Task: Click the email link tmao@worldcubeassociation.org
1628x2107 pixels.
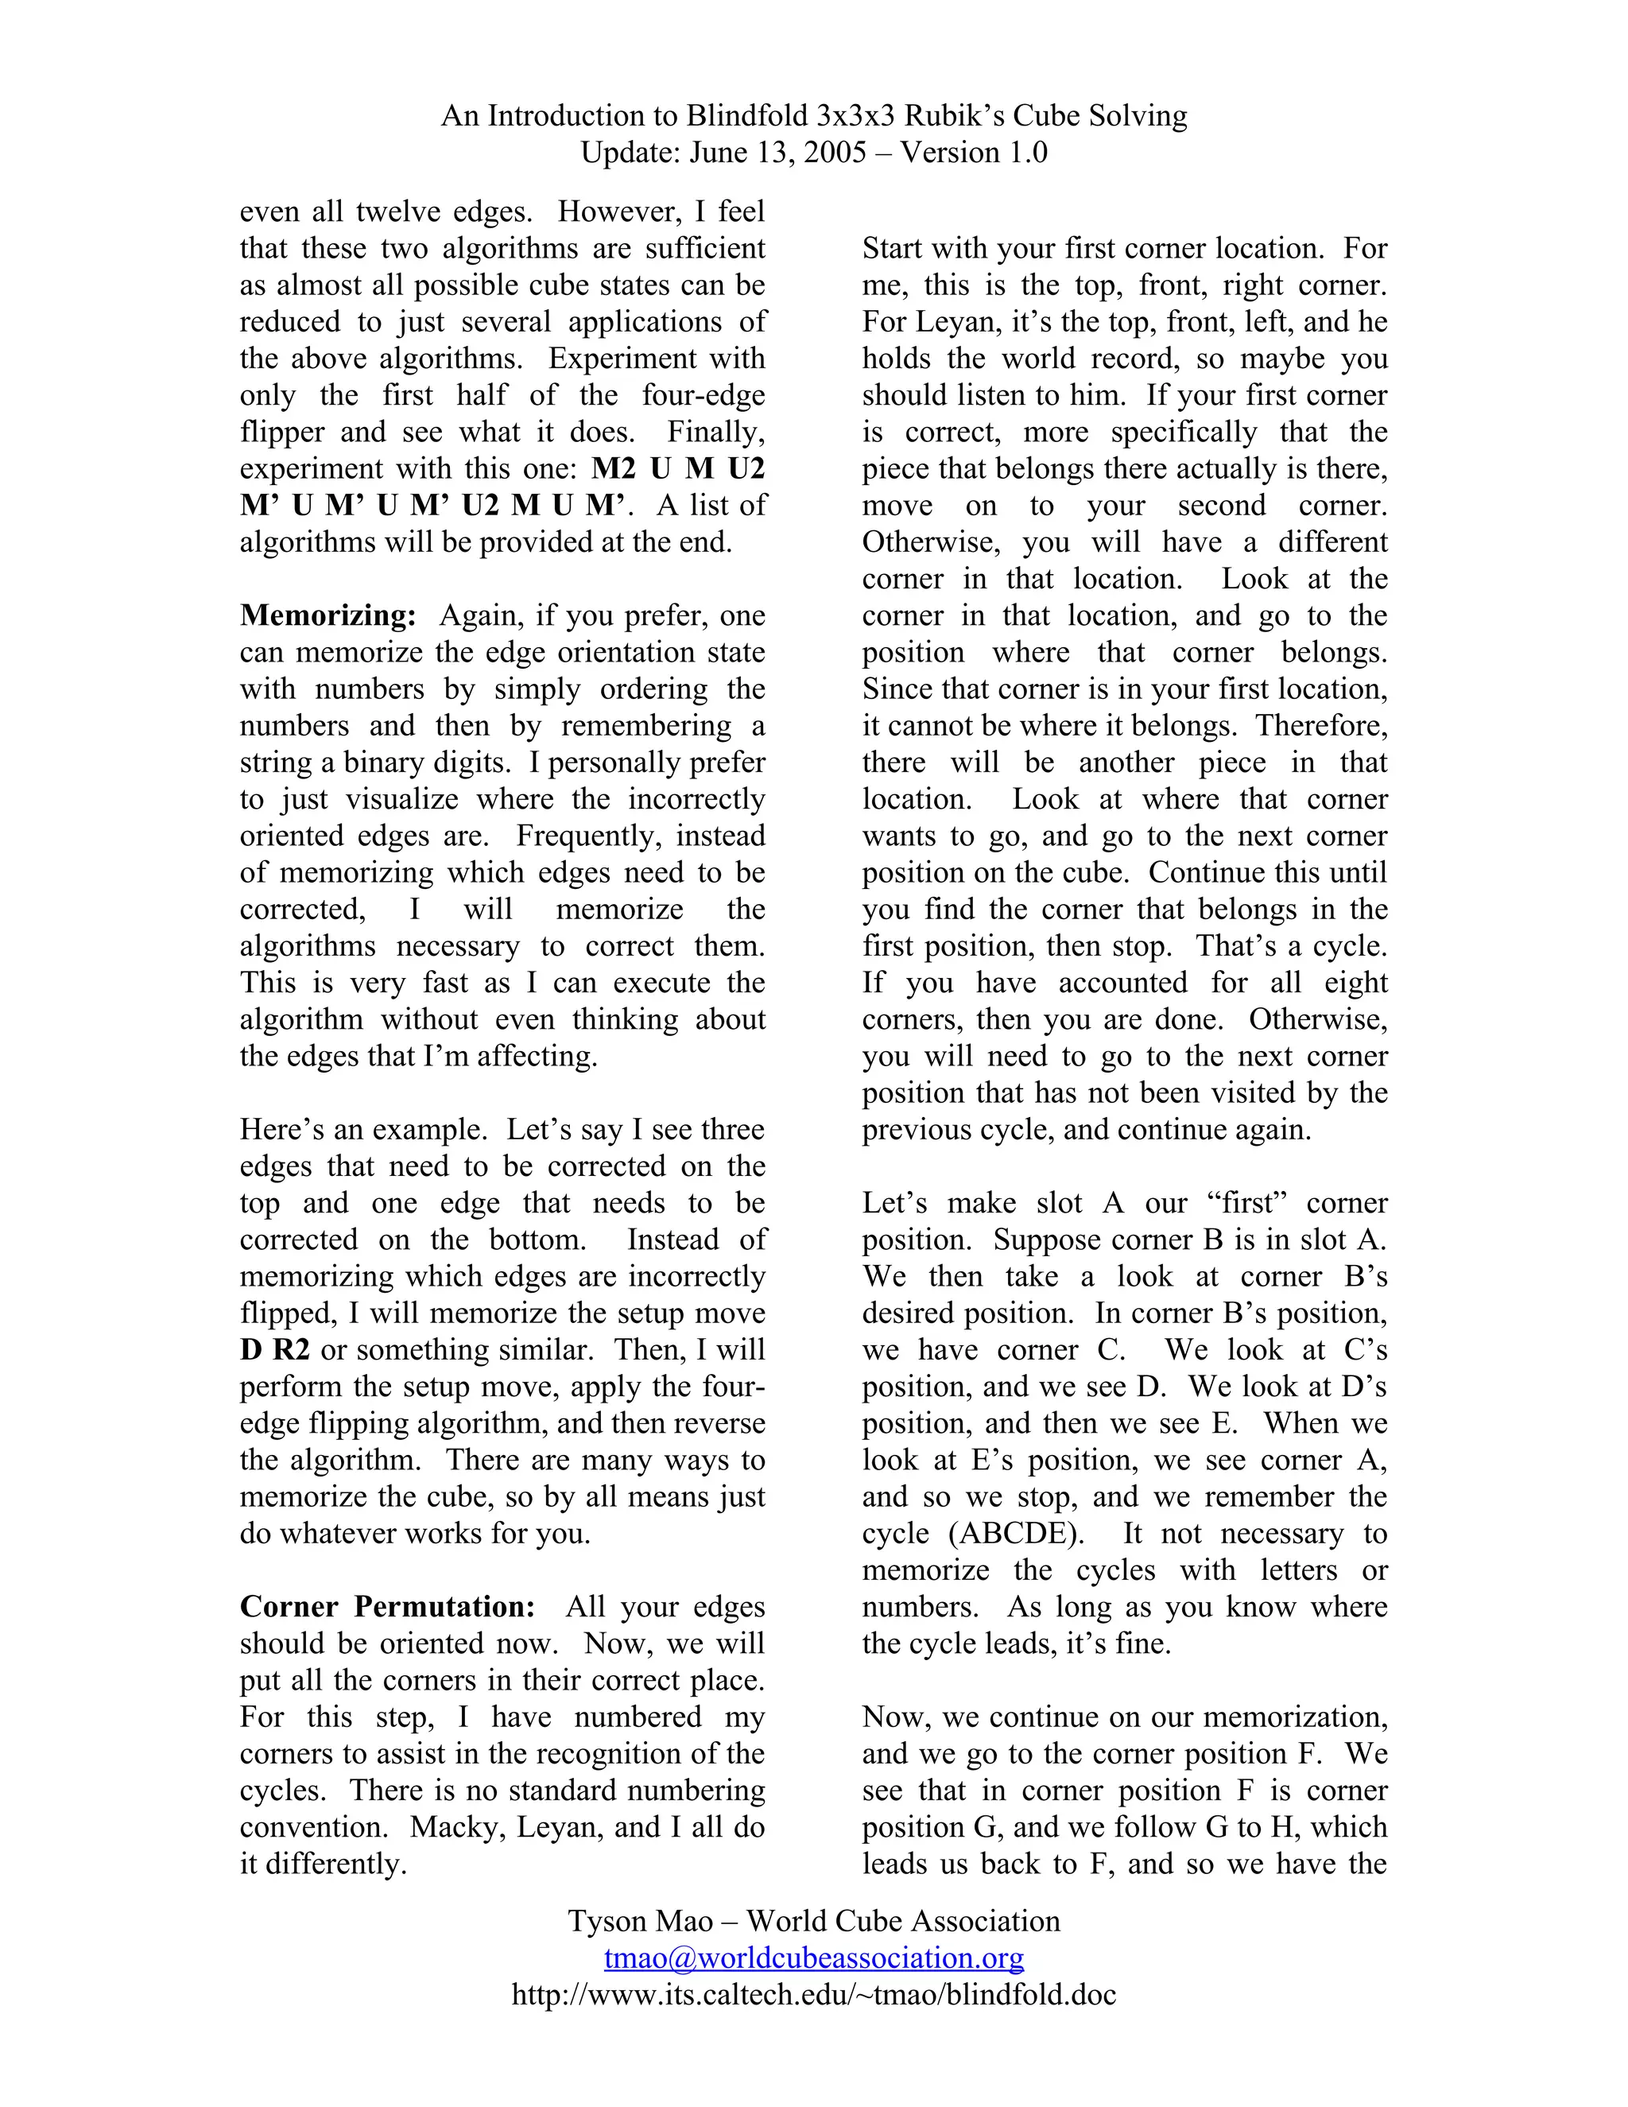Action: (x=814, y=1958)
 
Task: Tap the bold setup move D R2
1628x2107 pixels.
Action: (x=274, y=1350)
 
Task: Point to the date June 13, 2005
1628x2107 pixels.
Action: (x=777, y=153)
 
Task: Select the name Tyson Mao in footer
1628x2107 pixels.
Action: (x=639, y=1921)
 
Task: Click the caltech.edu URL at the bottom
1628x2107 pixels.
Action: (x=814, y=1994)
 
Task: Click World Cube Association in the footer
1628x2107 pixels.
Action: (x=903, y=1921)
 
